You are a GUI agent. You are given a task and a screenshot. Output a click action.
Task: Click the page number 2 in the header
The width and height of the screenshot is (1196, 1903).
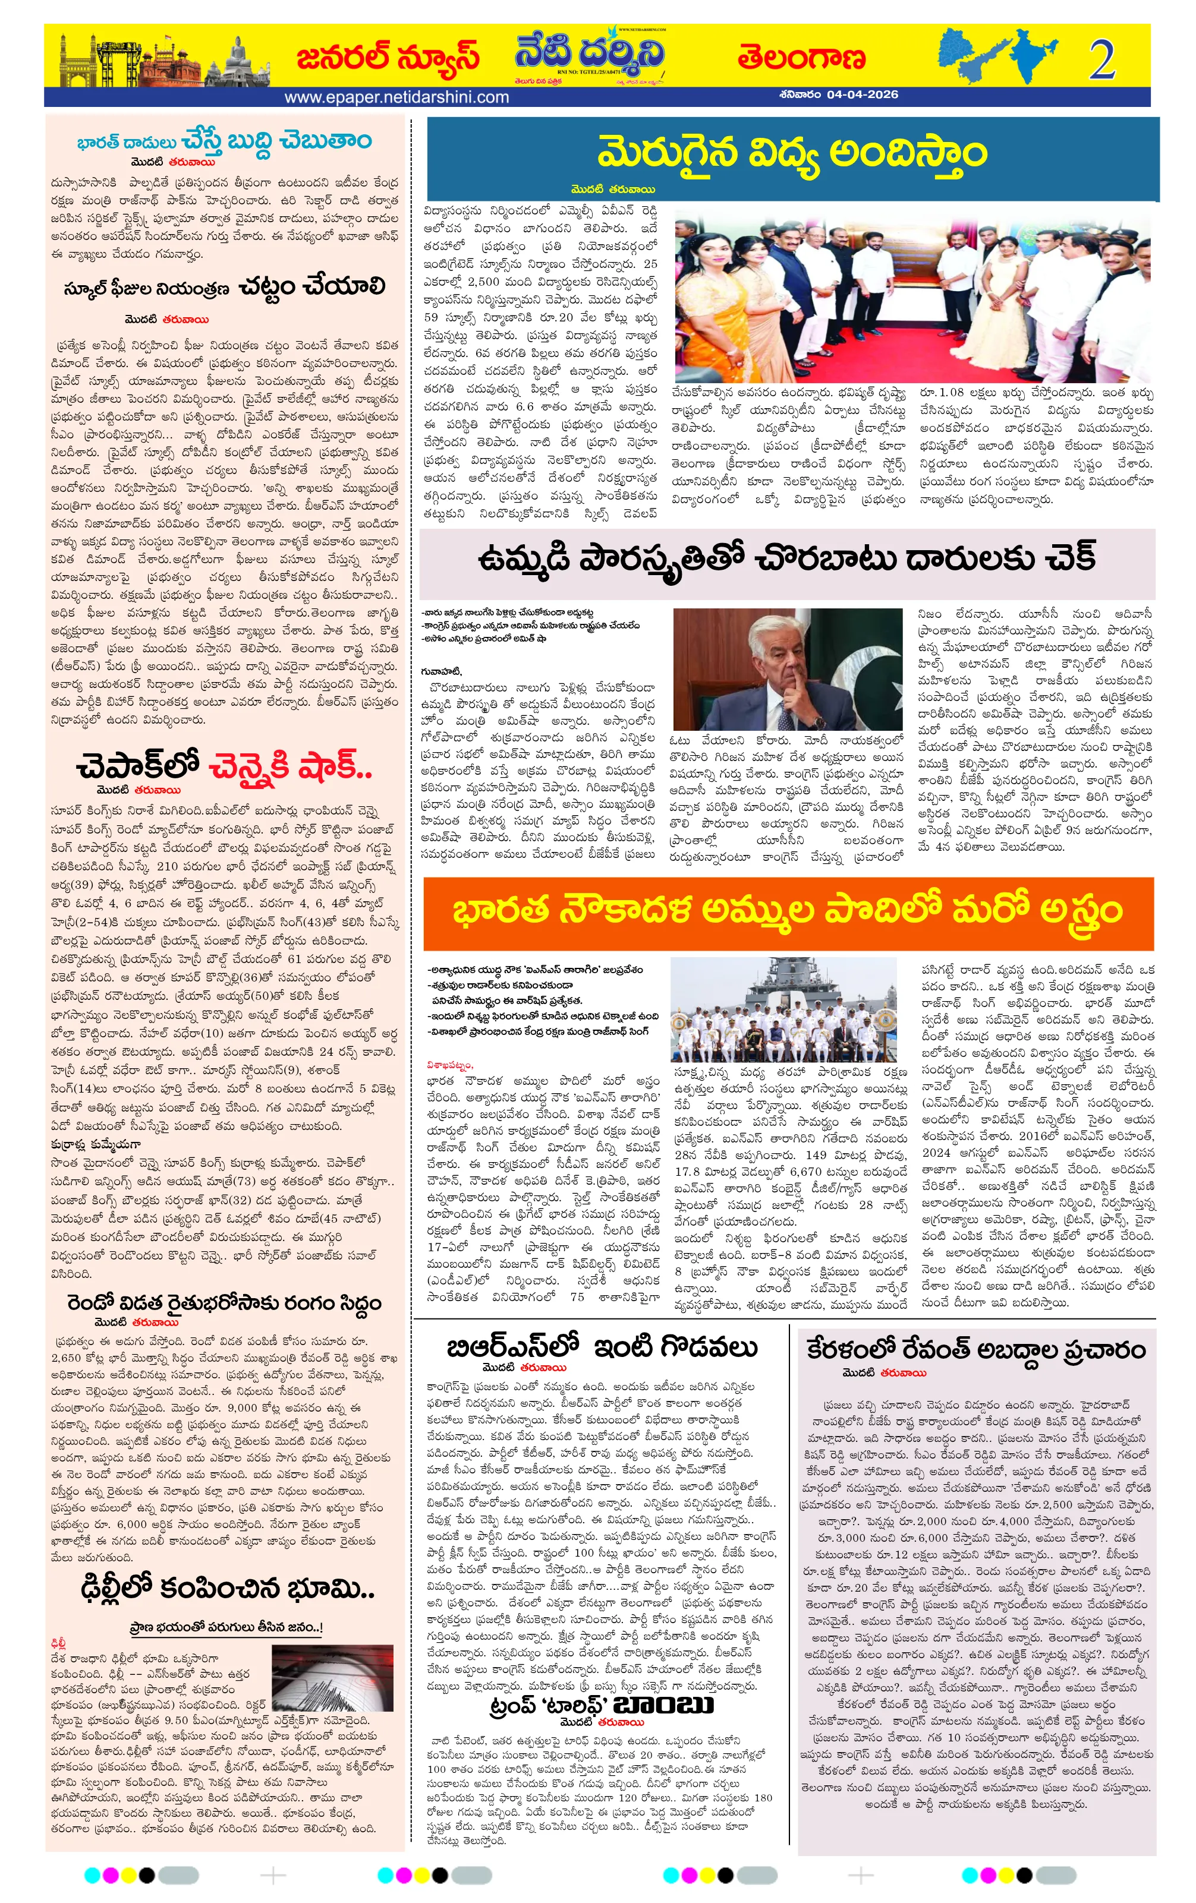1101,60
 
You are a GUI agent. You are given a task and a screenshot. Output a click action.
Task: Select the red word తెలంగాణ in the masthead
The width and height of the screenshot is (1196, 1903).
801,58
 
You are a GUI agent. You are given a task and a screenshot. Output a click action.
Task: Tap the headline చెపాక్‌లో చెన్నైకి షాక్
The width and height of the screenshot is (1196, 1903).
224,766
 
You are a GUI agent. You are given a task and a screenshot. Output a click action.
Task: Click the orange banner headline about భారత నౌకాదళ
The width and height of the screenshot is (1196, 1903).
787,911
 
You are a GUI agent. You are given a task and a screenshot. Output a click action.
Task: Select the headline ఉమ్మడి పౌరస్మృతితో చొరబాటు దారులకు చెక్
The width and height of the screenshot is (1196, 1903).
786,558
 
